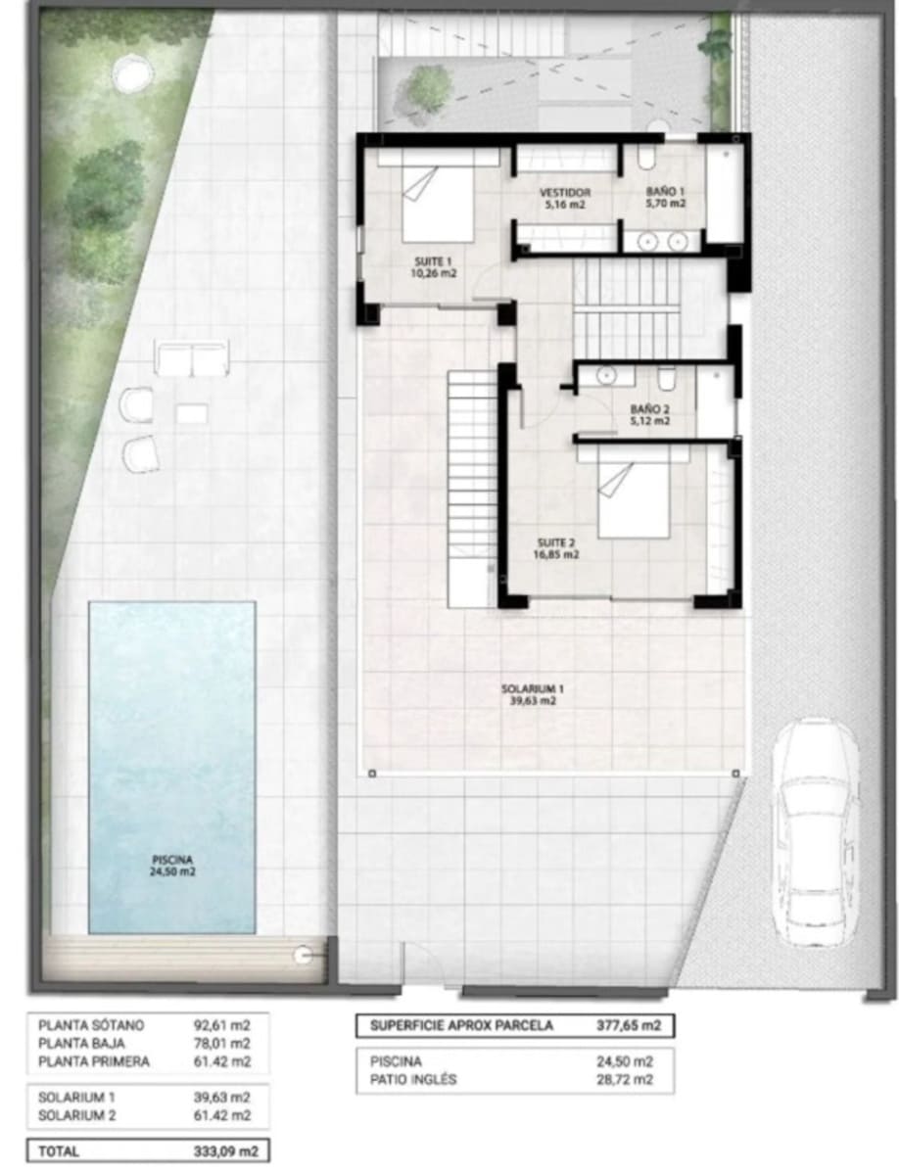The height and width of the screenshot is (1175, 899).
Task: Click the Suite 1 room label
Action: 434,267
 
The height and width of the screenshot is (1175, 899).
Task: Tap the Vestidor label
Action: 565,199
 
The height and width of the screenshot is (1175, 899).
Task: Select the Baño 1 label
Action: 665,199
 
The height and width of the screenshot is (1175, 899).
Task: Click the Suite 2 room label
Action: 556,547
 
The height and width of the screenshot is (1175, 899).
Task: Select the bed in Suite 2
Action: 634,500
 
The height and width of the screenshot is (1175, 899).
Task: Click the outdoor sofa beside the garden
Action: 192,359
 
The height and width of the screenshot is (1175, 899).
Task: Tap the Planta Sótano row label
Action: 91,1025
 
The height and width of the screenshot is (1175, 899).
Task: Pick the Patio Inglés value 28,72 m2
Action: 623,1080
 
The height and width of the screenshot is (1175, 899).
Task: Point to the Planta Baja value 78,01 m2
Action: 223,1044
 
